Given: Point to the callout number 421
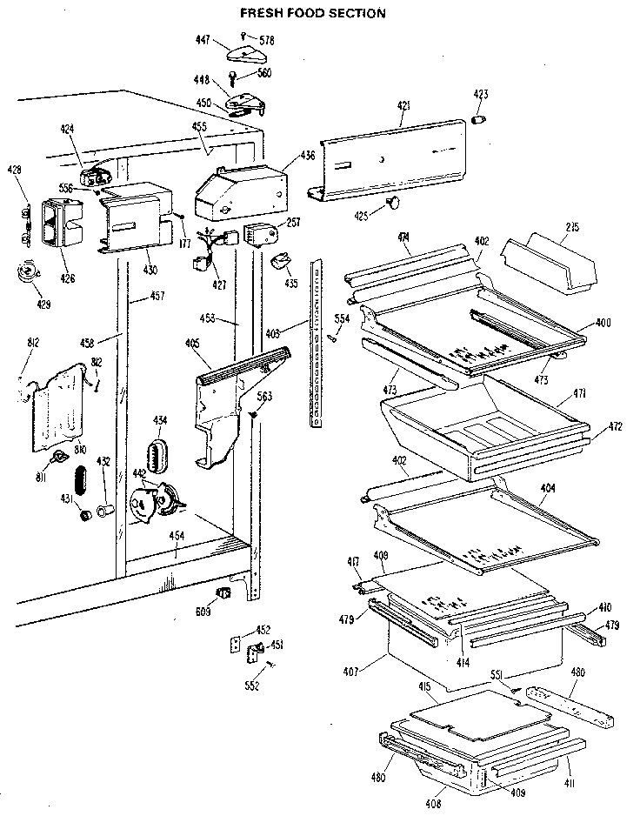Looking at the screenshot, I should [x=403, y=106].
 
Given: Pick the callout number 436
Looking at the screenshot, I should [x=308, y=156].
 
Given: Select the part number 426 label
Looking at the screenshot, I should [x=67, y=279].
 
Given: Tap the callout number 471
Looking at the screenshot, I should [x=578, y=394].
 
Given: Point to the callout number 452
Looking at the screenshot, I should [x=263, y=631].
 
